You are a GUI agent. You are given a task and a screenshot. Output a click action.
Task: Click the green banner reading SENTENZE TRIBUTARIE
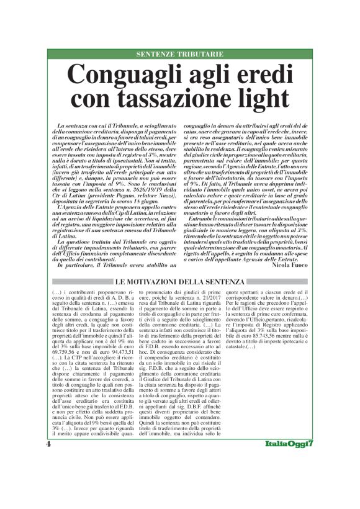179,55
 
